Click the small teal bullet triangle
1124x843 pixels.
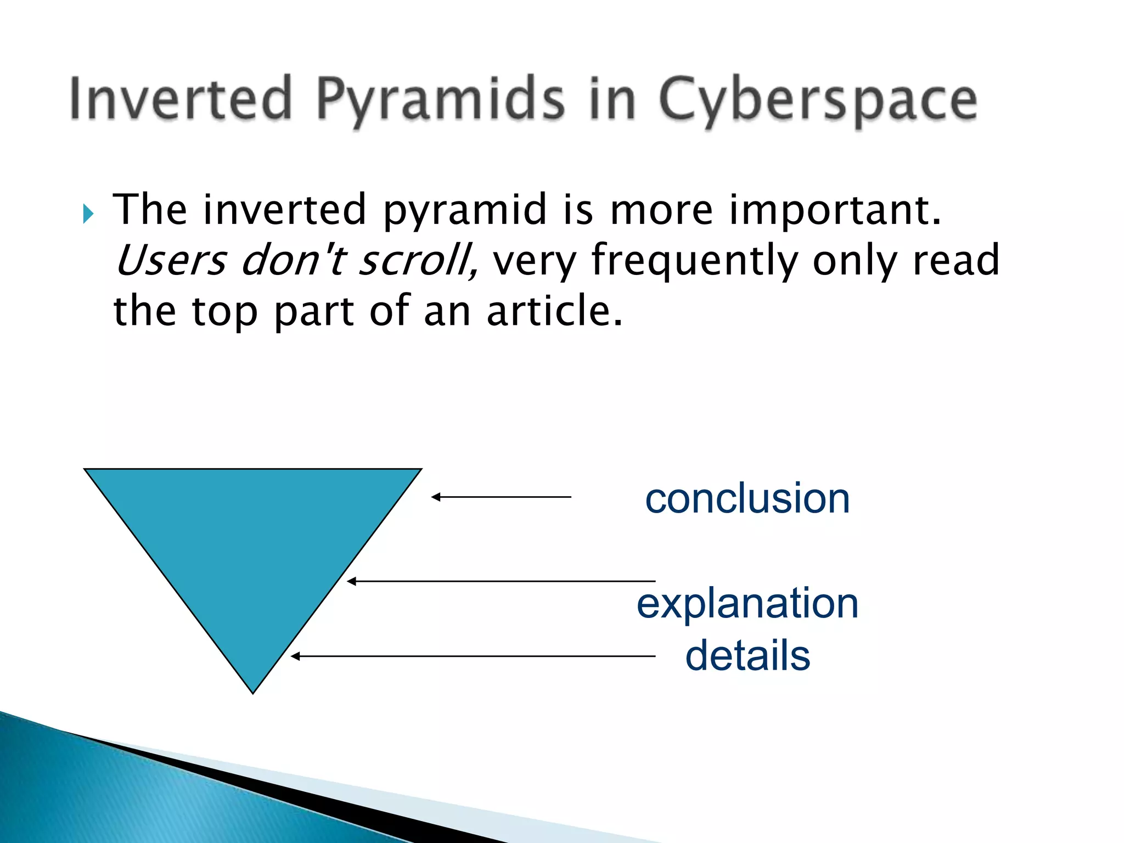click(88, 213)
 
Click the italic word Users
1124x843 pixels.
click(171, 260)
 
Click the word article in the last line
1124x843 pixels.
click(554, 311)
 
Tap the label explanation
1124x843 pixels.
click(747, 604)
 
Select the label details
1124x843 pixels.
click(747, 655)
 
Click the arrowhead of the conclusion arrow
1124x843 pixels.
click(435, 497)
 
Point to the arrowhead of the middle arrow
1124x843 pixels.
click(351, 581)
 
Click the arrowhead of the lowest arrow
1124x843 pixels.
click(295, 656)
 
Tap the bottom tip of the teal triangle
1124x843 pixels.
click(253, 693)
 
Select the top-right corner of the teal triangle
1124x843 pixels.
click(420, 470)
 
